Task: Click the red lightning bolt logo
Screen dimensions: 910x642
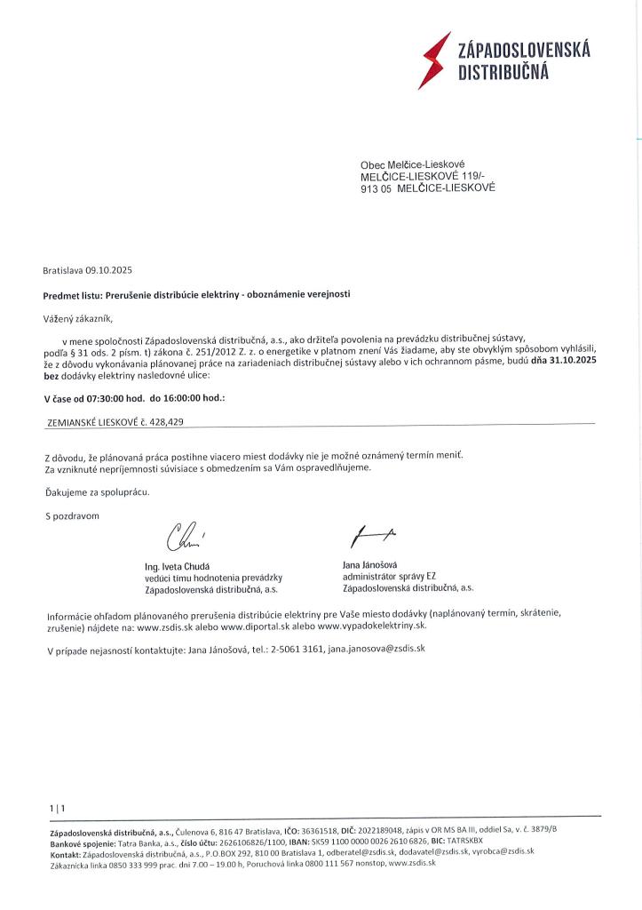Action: point(434,60)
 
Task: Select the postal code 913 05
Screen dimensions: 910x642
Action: point(376,188)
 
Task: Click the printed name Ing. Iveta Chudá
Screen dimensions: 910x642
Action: point(178,566)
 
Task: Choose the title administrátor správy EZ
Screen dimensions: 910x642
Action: point(389,576)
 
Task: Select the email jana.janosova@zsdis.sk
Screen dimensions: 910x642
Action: point(376,649)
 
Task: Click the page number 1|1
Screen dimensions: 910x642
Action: point(58,807)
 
